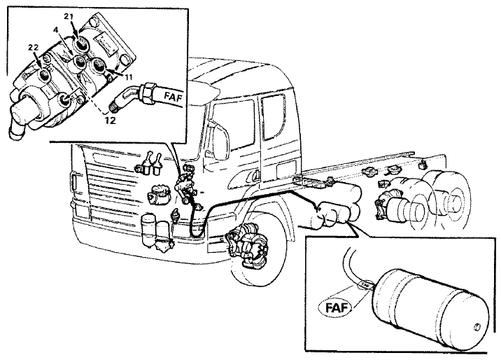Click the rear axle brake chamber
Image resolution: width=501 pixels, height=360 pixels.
(395, 207)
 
